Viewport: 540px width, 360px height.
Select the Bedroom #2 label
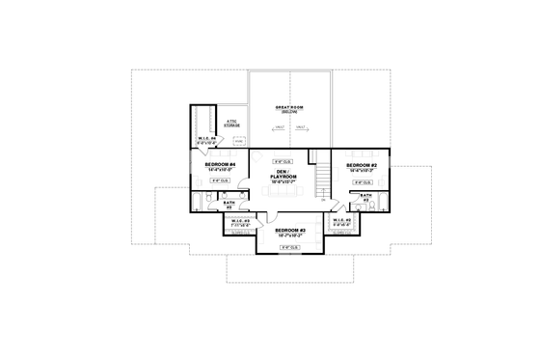click(x=360, y=165)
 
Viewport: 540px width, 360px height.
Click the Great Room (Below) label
click(x=289, y=110)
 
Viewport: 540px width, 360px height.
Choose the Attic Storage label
click(x=231, y=123)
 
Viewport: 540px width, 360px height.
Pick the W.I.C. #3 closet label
click(x=239, y=224)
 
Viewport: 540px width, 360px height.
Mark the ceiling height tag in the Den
click(x=282, y=161)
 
